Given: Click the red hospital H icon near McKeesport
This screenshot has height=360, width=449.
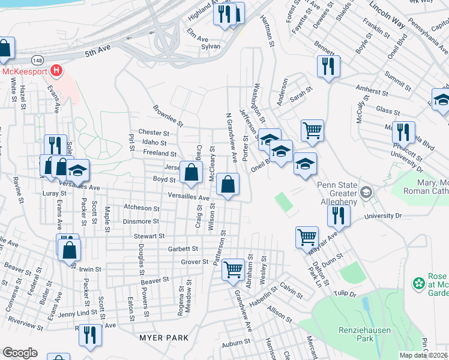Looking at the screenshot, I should coord(56,71).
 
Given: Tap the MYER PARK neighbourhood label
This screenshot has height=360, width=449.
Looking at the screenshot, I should coord(164,338).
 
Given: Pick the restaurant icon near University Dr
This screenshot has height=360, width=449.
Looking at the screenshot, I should coord(339,215).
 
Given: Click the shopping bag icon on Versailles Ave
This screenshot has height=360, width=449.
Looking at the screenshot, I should coord(228,184).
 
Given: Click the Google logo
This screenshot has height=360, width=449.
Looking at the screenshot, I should coord(20,353).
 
